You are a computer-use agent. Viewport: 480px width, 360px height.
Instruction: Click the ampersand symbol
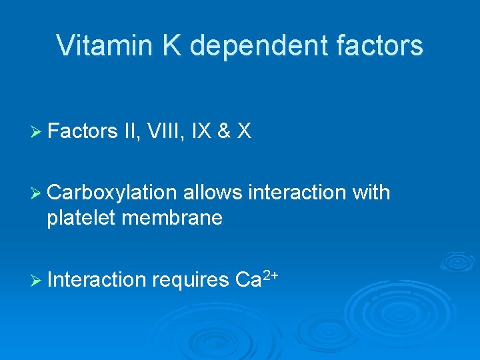(225, 132)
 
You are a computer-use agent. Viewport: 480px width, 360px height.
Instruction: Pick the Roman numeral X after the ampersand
(245, 132)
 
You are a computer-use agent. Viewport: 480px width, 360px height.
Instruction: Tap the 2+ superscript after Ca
(268, 274)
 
